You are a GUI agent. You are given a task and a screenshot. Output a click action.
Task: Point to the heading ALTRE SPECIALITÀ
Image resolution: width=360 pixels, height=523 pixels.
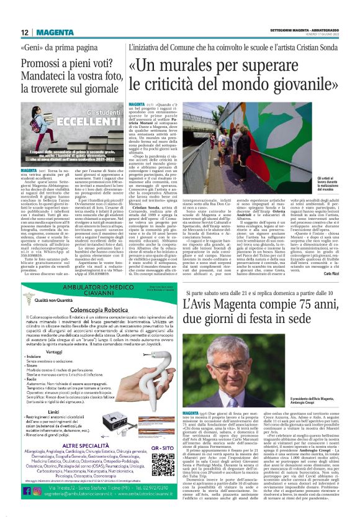[x=88, y=445]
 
